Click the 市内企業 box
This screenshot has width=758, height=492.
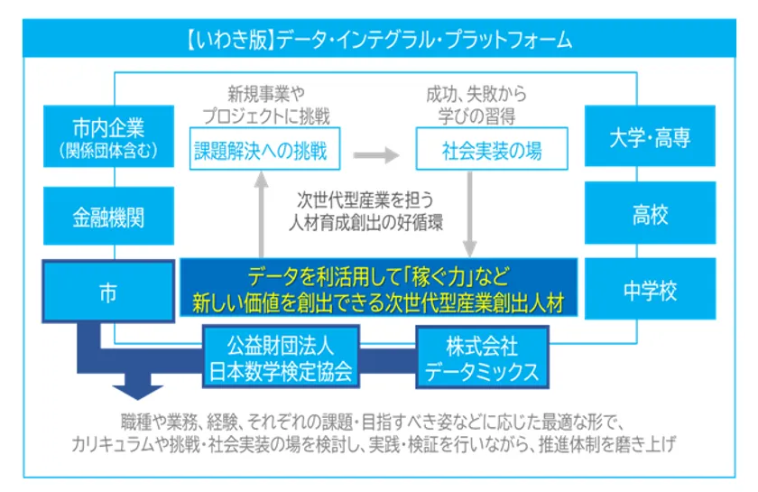(109, 136)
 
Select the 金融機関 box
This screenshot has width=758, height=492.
(109, 216)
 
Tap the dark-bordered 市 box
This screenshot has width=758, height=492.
(108, 292)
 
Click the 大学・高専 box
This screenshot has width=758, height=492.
(650, 136)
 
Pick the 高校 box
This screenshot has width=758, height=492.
(650, 213)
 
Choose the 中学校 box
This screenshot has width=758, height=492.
(650, 289)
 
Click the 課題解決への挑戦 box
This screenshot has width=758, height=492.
(265, 149)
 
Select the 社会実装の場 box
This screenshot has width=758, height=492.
(492, 149)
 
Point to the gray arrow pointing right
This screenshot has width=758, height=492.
(376, 155)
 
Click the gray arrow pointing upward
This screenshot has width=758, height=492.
(262, 214)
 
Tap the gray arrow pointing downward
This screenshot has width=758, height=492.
(470, 214)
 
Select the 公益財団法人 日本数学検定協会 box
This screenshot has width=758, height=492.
(281, 357)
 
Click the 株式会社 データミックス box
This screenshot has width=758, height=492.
(483, 357)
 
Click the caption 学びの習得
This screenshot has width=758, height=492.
(476, 116)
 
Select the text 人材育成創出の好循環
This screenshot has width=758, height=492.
(366, 223)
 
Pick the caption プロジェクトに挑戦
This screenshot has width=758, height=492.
(266, 116)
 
